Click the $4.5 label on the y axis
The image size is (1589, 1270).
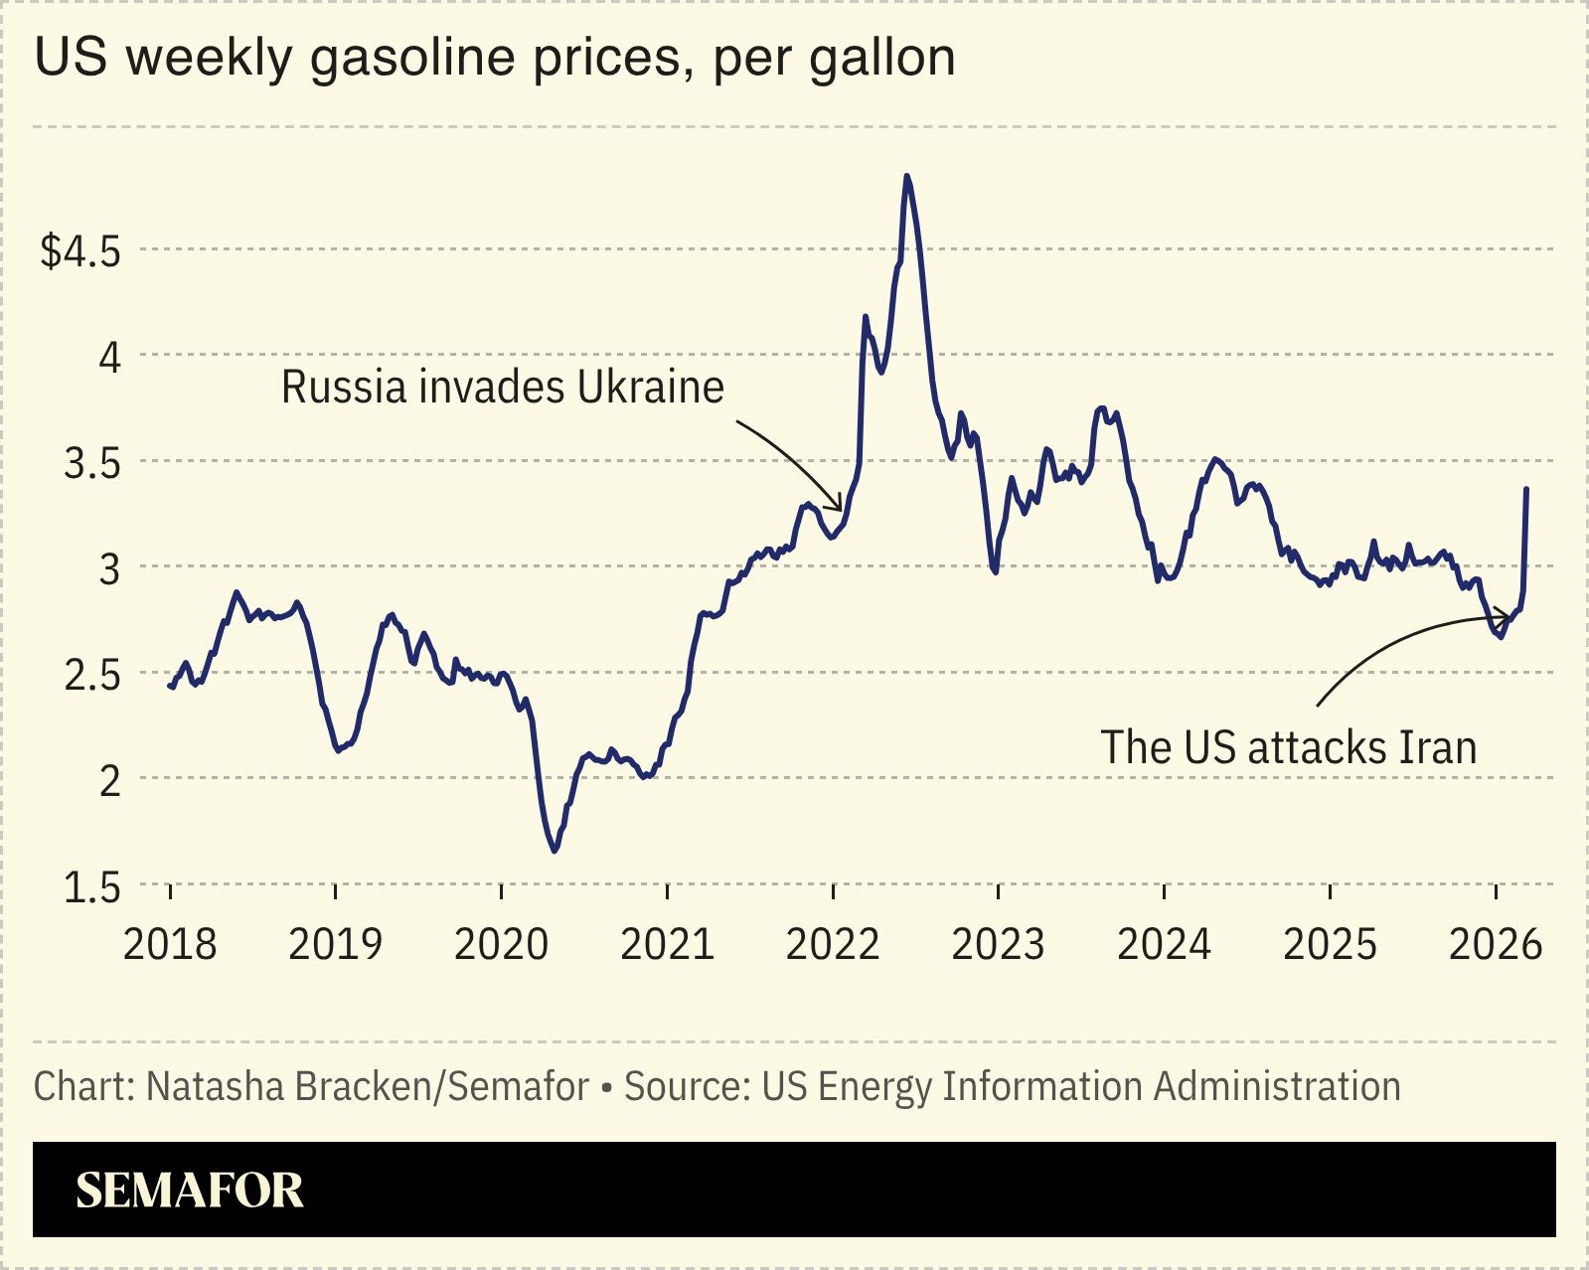click(x=79, y=251)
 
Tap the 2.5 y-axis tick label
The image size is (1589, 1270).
click(x=91, y=676)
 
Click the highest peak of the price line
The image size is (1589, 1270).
click(x=906, y=176)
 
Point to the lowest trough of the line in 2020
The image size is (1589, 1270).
click(x=555, y=851)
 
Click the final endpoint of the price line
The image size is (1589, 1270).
click(x=1526, y=489)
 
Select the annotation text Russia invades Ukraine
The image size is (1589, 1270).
click(x=502, y=388)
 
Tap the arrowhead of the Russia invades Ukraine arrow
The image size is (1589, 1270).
click(x=841, y=509)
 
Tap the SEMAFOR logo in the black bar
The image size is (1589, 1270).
click(x=189, y=1190)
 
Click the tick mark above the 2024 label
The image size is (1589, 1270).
click(x=1164, y=890)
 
